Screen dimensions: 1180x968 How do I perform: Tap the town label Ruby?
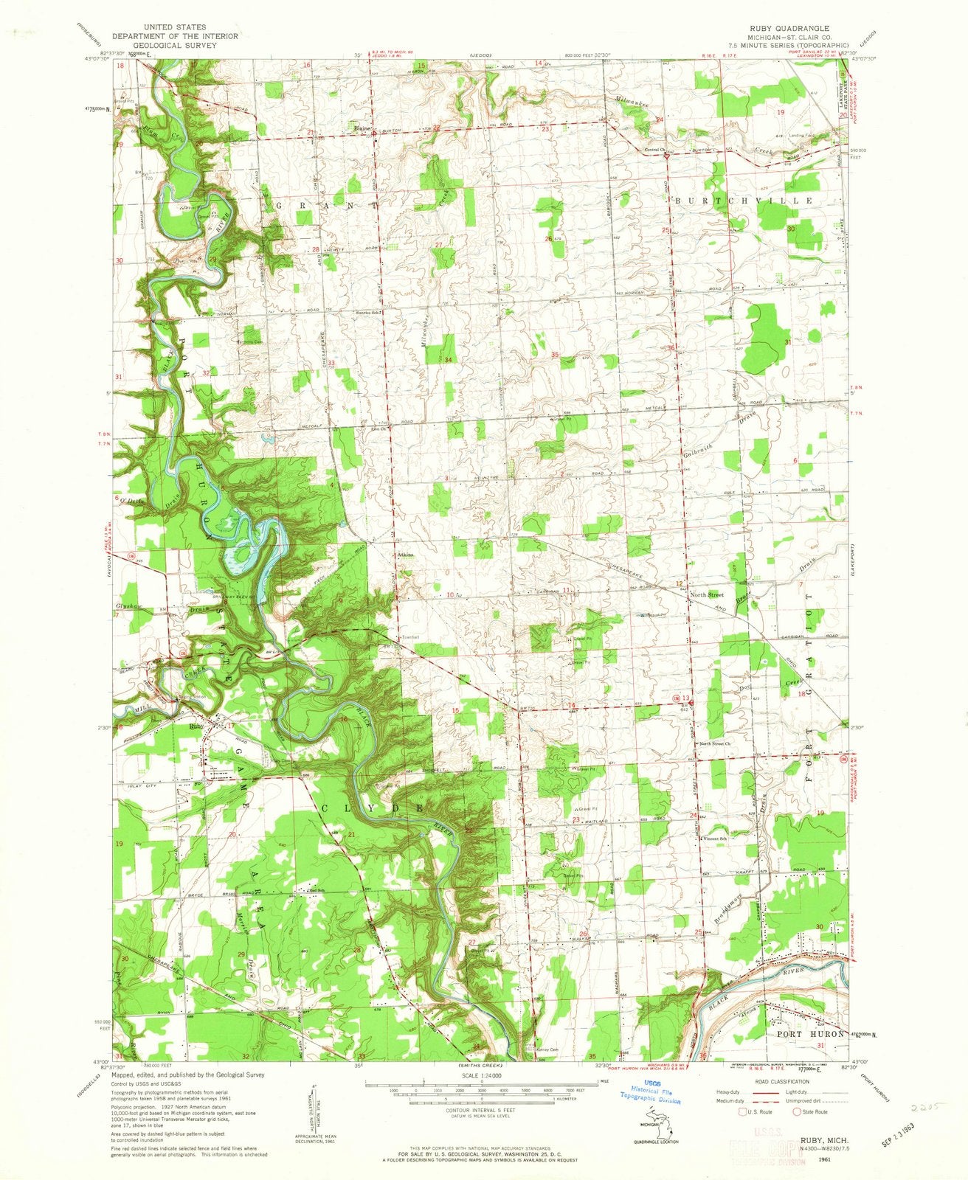tap(196, 726)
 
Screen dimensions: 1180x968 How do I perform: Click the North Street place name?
tap(706, 594)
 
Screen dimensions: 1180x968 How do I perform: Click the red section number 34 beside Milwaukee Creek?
tap(448, 359)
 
